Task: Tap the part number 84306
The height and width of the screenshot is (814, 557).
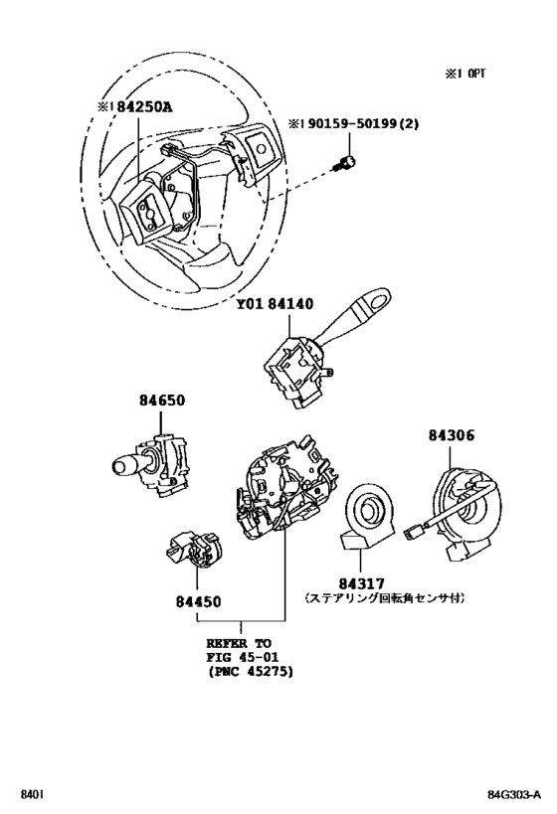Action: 454,434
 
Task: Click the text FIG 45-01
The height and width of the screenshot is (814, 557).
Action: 243,657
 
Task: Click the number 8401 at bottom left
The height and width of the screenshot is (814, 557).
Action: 32,795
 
